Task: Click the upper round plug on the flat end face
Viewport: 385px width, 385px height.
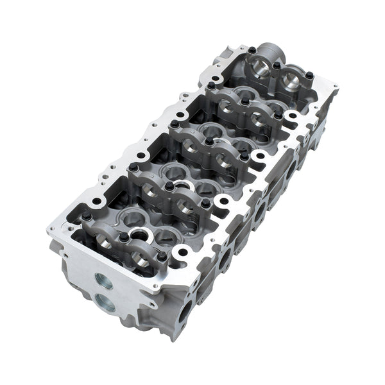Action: tap(103, 281)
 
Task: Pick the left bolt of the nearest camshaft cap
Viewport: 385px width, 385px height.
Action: tap(86, 217)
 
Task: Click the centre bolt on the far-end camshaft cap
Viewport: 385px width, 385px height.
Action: tap(277, 65)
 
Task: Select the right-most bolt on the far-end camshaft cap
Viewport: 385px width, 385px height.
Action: tap(309, 76)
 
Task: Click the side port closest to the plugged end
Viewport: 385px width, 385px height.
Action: tap(185, 313)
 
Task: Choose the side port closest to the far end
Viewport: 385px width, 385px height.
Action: tap(292, 169)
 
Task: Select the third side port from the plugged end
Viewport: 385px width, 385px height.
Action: tap(261, 212)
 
